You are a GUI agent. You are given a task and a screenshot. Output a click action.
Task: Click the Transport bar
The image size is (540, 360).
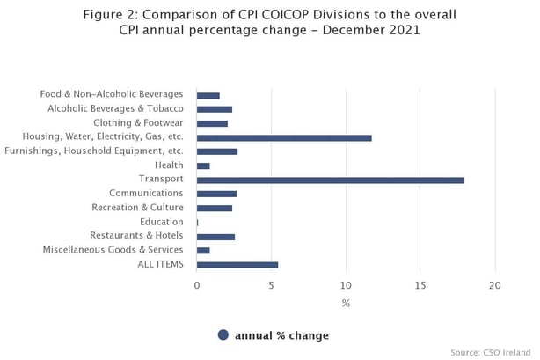click(330, 180)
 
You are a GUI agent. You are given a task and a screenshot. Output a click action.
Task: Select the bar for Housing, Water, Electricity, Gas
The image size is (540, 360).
click(284, 137)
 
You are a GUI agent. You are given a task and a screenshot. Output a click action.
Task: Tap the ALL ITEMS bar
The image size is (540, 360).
click(237, 264)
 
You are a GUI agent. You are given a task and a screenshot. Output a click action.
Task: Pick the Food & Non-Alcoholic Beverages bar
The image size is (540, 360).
click(208, 95)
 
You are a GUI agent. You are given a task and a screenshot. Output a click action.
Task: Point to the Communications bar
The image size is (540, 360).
click(216, 194)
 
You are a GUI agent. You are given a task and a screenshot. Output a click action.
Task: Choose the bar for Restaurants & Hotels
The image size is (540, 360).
click(215, 236)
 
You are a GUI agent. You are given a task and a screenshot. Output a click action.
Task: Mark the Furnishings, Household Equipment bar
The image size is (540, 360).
click(217, 151)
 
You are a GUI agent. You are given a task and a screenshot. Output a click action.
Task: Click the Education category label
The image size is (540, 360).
click(161, 222)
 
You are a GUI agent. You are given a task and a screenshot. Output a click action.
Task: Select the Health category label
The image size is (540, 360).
click(169, 165)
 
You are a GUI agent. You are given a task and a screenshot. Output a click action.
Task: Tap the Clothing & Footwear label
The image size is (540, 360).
click(138, 123)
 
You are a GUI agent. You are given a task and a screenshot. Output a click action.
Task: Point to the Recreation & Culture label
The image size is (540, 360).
click(137, 208)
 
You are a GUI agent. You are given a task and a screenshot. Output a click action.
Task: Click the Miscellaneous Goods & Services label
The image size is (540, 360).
click(113, 250)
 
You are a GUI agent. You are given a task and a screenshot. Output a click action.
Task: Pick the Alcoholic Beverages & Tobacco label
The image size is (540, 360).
click(115, 109)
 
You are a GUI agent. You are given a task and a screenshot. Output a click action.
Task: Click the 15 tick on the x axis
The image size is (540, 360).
click(420, 285)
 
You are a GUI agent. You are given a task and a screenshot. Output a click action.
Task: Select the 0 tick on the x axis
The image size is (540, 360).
click(197, 285)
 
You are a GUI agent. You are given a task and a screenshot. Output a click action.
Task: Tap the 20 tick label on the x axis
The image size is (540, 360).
click(495, 285)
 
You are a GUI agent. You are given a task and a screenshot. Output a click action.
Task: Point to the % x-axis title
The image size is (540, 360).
click(346, 304)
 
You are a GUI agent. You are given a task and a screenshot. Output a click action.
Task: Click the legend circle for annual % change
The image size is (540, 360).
click(223, 334)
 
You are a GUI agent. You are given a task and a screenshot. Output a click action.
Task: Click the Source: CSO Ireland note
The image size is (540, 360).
click(491, 352)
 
